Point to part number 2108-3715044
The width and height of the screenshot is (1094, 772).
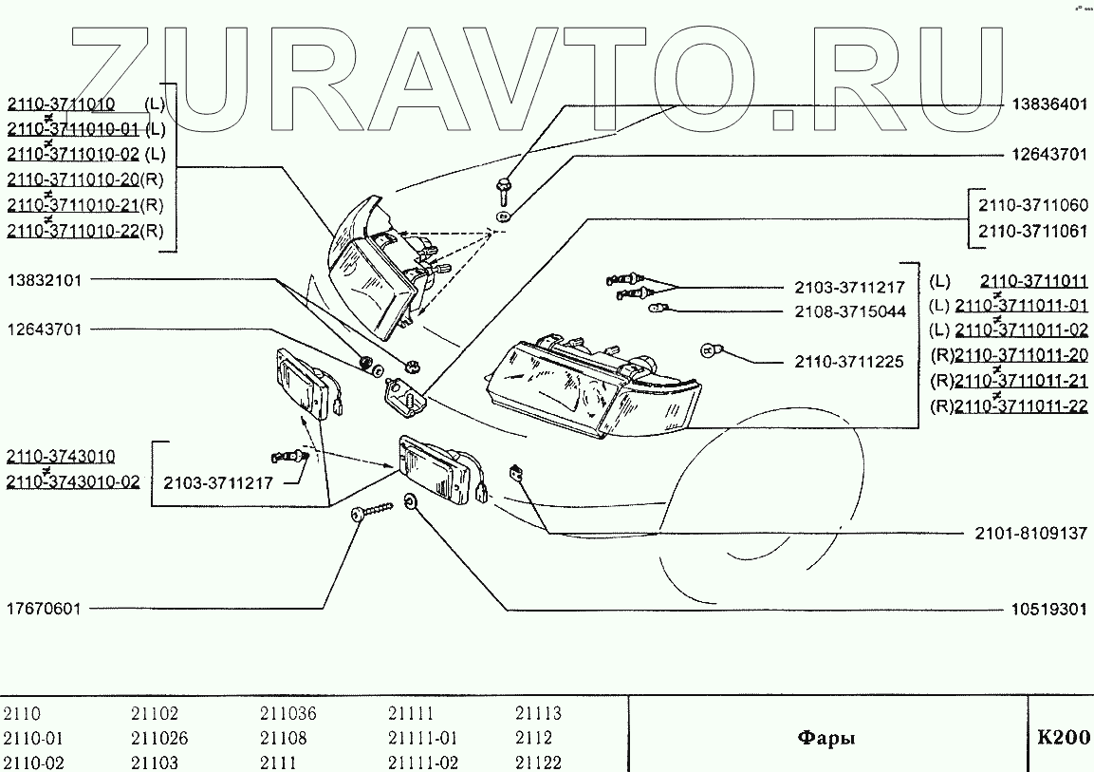[x=850, y=311]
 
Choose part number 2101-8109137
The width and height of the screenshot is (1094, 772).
[x=1030, y=534]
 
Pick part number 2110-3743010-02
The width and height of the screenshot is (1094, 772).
[x=73, y=481]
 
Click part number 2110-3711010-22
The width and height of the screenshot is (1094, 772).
[x=73, y=231]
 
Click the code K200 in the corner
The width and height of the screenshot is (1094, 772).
[x=1063, y=738]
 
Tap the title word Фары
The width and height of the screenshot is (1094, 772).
[x=825, y=738]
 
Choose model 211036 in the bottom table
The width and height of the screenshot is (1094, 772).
[x=288, y=714]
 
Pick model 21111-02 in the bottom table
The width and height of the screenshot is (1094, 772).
[x=423, y=763]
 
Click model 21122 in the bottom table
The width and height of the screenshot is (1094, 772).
[x=538, y=763]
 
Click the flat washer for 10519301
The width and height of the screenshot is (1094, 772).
[x=410, y=501]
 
